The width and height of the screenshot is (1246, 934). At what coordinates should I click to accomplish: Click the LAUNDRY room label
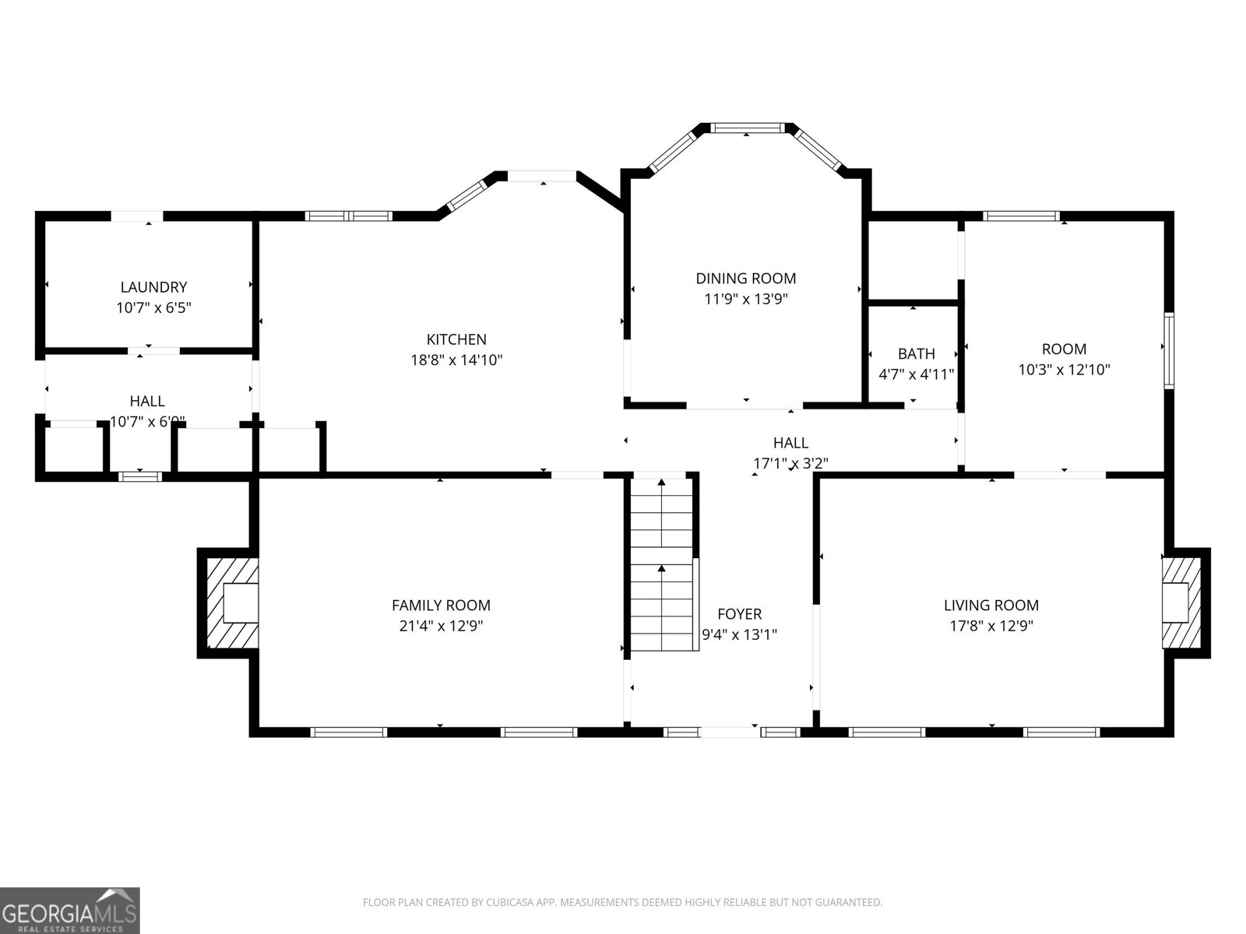[x=153, y=287]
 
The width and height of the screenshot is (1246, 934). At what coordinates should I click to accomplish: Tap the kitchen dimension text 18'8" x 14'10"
[x=456, y=360]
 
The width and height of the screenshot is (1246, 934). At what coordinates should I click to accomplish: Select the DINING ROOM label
[x=745, y=278]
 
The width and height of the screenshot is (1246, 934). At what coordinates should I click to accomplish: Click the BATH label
[x=916, y=353]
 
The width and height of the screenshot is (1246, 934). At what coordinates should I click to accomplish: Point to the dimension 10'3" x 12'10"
[x=1064, y=370]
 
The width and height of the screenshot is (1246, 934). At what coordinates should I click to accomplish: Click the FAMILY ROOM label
[x=441, y=605]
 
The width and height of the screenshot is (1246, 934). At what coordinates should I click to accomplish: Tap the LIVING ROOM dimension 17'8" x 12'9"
[x=991, y=625]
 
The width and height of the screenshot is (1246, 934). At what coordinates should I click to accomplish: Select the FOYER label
[x=739, y=614]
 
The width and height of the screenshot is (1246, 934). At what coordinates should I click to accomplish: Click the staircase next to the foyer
[x=661, y=564]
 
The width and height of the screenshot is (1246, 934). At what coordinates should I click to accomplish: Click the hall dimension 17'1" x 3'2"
[x=790, y=463]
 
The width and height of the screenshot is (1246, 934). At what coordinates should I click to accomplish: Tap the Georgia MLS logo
[x=69, y=910]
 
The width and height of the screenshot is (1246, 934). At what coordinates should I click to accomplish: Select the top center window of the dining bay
[x=748, y=128]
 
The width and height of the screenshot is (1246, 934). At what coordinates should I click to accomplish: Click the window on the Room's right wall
[x=1168, y=350]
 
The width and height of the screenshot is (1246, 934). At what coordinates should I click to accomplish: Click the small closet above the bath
[x=913, y=260]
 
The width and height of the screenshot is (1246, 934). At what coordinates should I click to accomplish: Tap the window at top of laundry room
[x=136, y=216]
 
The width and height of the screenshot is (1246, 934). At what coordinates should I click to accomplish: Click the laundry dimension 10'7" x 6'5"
[x=153, y=307]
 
